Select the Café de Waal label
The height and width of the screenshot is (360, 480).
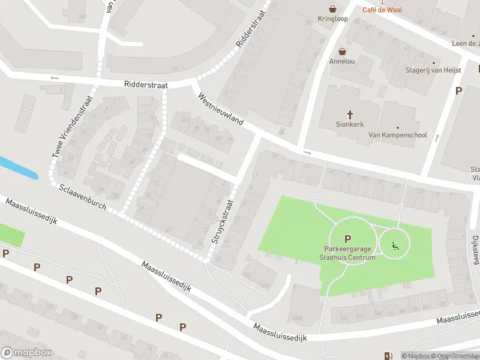click(x=382, y=10)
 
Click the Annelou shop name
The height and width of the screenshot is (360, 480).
click(x=342, y=61)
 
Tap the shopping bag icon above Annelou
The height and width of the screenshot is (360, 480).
click(x=342, y=52)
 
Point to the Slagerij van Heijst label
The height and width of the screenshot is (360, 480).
click(x=433, y=70)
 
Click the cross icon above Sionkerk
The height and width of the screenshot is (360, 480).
click(x=350, y=114)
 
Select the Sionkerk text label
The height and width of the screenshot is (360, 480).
click(x=350, y=125)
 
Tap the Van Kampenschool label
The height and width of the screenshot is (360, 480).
click(x=397, y=135)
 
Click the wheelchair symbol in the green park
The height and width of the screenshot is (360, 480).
click(x=395, y=245)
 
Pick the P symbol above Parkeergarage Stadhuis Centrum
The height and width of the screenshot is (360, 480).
click(x=347, y=239)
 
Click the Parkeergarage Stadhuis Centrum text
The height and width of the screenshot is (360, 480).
click(x=347, y=254)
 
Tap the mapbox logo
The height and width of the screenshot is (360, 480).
click(x=26, y=353)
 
